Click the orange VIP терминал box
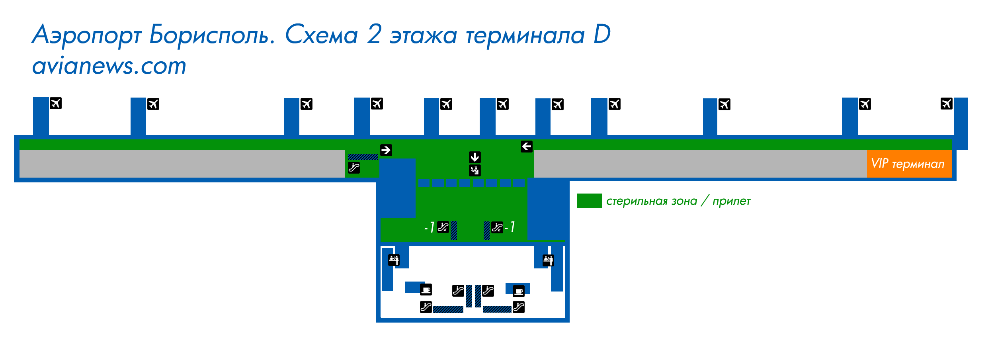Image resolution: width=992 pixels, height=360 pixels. point(909,164)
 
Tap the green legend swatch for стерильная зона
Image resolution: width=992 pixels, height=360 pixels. point(589,201)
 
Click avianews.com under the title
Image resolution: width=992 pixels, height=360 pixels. point(109,66)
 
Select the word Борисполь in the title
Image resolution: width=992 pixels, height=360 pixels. point(212,35)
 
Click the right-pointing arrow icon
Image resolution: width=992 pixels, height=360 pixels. point(386,150)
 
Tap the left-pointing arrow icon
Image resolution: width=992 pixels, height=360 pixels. point(527,147)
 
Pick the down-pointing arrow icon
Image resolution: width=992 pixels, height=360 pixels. point(475,157)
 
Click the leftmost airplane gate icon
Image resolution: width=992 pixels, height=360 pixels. point(56,103)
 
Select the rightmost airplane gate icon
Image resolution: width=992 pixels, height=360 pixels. point(947,104)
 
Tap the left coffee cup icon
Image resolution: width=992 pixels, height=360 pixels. point(426,290)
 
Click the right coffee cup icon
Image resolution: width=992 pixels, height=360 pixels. point(519,291)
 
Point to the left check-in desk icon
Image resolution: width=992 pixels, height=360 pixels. point(394,260)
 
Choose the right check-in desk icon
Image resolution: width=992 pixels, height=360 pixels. point(549,260)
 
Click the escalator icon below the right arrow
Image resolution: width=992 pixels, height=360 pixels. point(354,168)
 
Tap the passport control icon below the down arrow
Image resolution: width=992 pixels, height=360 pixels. point(475,170)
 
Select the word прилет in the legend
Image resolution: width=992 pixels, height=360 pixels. point(732,202)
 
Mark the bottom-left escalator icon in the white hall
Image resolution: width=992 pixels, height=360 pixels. point(426,307)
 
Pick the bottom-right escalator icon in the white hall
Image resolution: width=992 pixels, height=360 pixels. point(519,307)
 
